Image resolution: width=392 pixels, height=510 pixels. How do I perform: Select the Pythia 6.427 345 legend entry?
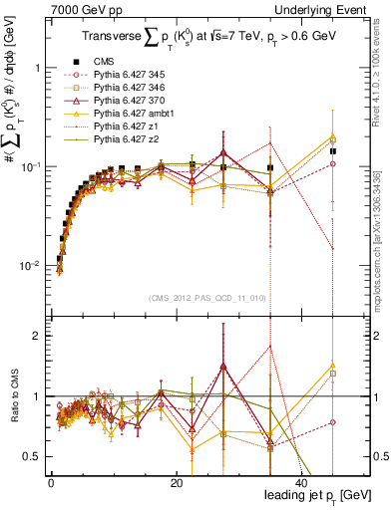point(136,74)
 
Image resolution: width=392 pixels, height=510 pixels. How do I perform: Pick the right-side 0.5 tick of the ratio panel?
point(380,456)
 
